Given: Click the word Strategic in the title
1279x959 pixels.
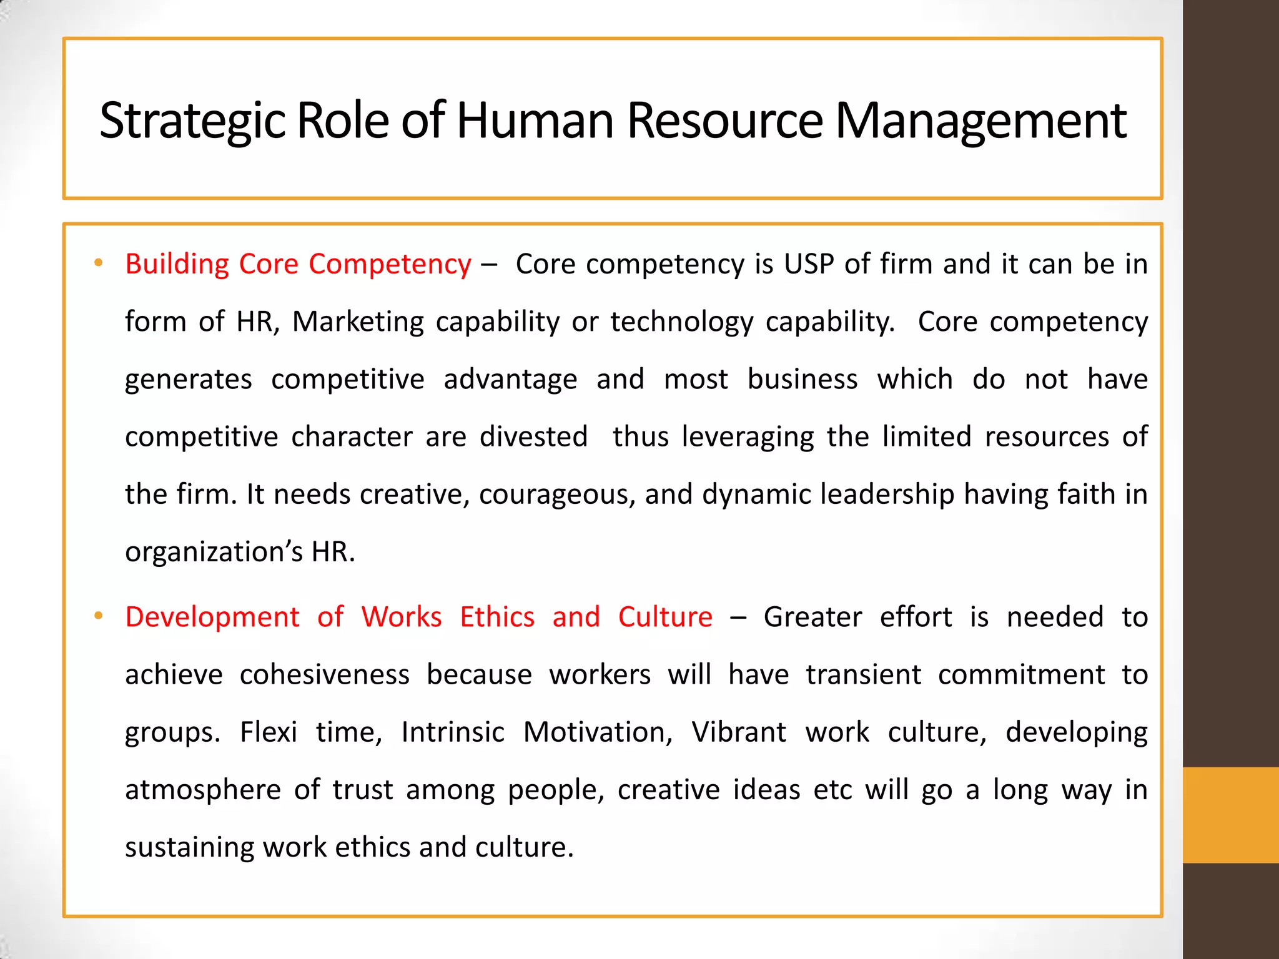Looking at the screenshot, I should coord(192,121).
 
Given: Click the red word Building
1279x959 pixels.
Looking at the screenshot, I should coord(177,265).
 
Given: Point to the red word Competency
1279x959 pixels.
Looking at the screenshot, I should coord(390,265).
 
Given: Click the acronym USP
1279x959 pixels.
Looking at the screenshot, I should coord(809,264).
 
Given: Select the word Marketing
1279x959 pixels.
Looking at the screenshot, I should coord(358,322).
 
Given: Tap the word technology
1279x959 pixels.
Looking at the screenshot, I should coord(681,322).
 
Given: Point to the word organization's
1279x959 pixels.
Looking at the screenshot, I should coord(214,552).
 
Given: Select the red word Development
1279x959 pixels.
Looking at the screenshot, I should coord(212,617).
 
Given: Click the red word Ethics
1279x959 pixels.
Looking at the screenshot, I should coord(497,617).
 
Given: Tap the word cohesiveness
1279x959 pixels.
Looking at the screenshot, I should coord(324,675).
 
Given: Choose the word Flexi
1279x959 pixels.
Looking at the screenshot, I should coord(269,732).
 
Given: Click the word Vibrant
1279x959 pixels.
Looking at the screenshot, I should coord(739,732).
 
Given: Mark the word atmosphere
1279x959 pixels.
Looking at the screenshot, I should coord(203,790).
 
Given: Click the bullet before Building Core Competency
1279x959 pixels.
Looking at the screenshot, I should coord(98,263).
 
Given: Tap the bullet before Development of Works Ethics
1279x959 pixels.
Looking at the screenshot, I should coord(98,616).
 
